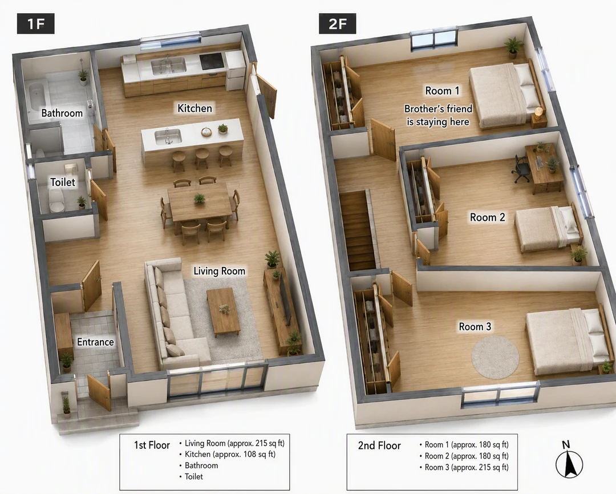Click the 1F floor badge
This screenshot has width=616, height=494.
point(35,23)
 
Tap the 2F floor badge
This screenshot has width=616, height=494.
point(337,23)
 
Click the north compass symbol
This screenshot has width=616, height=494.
point(569,460)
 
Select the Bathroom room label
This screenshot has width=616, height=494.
point(62,113)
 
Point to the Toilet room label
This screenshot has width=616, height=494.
point(63,182)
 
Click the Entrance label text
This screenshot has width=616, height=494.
point(95,342)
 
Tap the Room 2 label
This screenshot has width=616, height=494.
point(488,217)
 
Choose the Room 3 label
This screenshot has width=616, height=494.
point(475,327)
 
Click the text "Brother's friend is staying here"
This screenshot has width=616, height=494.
point(438,115)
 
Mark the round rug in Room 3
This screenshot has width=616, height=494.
point(496,357)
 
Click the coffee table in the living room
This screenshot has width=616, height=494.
point(223,311)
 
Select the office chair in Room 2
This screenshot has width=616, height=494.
point(521,169)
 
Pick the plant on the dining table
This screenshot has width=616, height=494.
point(200,198)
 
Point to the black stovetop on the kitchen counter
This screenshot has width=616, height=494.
point(212,61)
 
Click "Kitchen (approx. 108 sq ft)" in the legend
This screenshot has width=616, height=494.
point(230,454)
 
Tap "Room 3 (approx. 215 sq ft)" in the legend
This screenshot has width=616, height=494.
point(467,467)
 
